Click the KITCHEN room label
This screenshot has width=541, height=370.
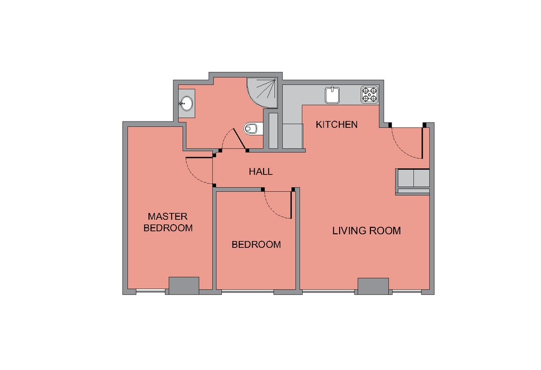tap(337, 124)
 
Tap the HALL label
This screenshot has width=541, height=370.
tap(261, 172)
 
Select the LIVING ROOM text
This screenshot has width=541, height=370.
tap(367, 230)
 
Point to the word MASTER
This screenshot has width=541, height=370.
tap(167, 216)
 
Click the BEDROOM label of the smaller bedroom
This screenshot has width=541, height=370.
tap(256, 245)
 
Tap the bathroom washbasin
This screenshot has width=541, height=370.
tap(186, 103)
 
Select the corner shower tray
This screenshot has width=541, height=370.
tap(262, 92)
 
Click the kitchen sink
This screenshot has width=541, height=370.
tap(332, 95)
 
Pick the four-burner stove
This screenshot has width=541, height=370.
tap(369, 95)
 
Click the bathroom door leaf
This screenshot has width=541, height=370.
tap(240, 140)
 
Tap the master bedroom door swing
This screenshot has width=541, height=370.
tap(199, 171)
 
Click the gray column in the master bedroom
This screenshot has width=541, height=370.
tap(184, 285)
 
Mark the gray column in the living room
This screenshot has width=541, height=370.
tap(374, 286)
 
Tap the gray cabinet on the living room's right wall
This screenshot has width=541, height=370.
tap(413, 182)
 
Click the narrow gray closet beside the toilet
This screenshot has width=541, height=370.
tap(273, 131)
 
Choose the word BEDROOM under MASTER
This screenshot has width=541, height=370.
tap(168, 228)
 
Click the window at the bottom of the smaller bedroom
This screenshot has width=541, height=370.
tap(248, 292)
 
